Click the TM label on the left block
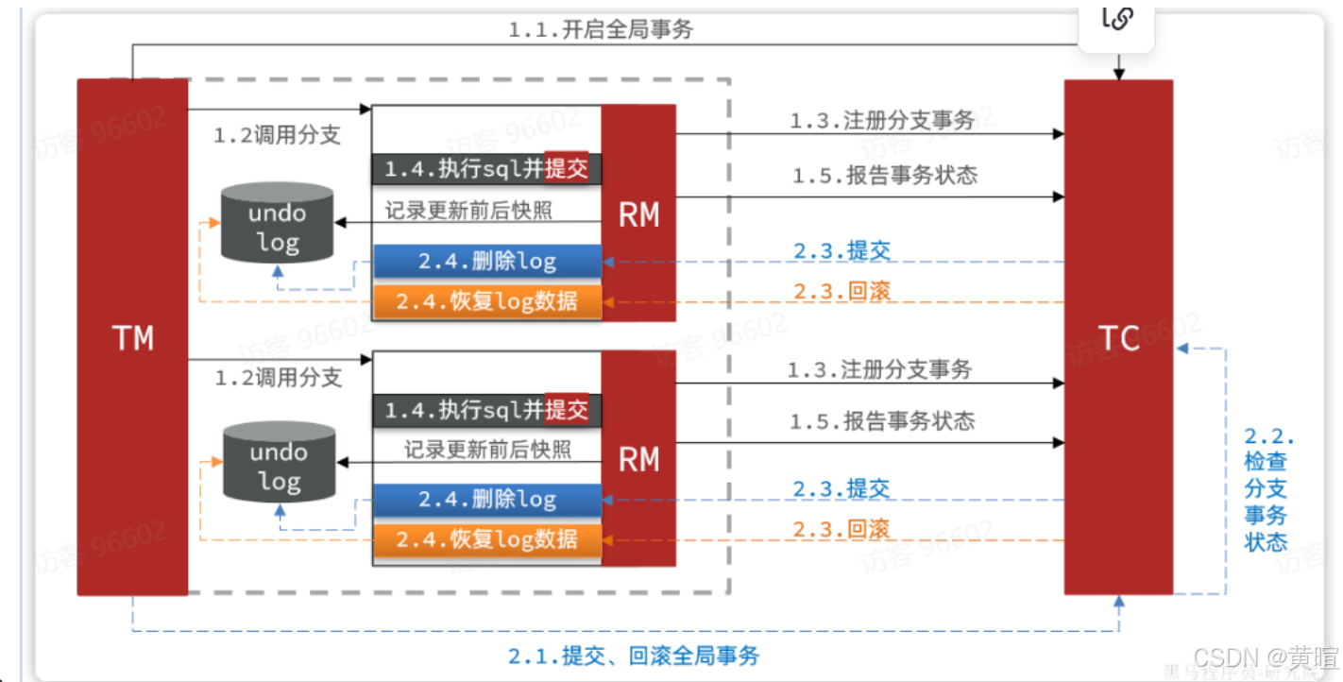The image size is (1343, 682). click(x=132, y=337)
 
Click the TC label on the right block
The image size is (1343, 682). click(x=1119, y=337)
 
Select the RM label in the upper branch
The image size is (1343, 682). click(x=638, y=215)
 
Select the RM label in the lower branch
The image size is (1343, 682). click(x=638, y=460)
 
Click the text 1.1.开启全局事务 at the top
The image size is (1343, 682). click(x=601, y=29)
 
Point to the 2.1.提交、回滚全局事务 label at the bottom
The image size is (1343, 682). click(x=634, y=655)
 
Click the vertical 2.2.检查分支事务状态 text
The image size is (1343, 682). click(x=1266, y=489)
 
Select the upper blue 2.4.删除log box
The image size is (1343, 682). click(x=487, y=262)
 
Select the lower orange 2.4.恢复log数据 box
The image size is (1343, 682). click(x=487, y=538)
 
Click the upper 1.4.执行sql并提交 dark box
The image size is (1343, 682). click(x=486, y=169)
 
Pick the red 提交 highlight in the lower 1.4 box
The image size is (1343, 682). click(x=567, y=409)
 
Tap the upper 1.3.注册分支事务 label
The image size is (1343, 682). click(x=882, y=121)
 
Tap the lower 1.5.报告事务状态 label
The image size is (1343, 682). click(x=882, y=420)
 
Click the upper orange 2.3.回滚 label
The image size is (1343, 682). click(x=841, y=290)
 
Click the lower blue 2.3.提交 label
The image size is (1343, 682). click(x=841, y=488)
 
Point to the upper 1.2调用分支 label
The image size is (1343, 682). click(x=277, y=135)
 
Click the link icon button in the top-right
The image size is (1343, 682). click(x=1117, y=20)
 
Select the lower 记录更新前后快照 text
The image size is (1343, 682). click(x=487, y=450)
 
